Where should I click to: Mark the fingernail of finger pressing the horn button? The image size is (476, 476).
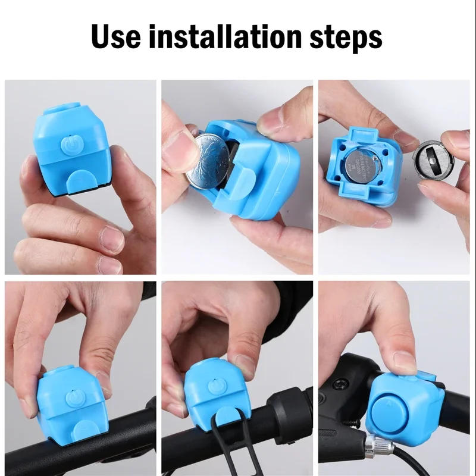coord(405,362)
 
